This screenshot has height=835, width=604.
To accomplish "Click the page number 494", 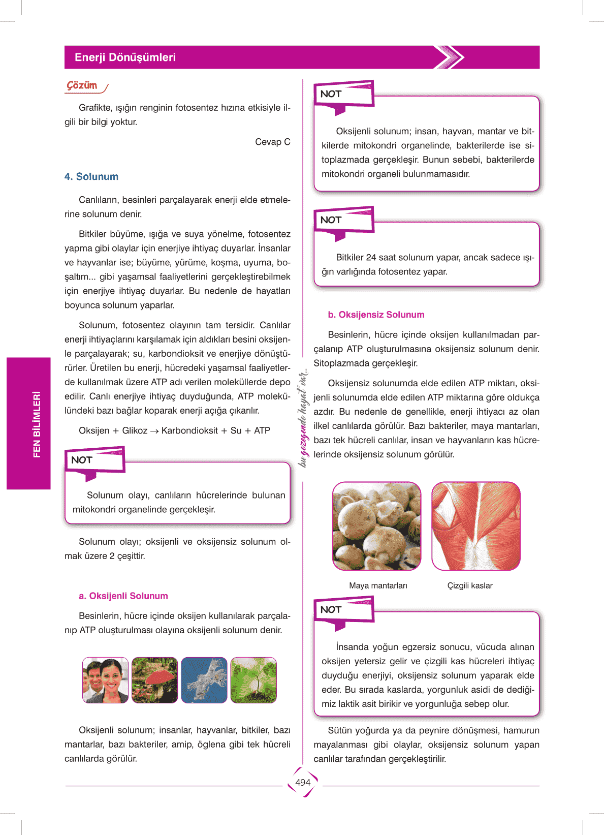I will point(303,783).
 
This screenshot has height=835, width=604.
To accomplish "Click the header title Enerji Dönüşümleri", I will point(125,57).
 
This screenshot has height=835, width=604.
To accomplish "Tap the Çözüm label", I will point(82,85).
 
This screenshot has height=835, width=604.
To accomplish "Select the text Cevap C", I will point(272,142).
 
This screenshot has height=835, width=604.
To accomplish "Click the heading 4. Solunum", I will point(91,177).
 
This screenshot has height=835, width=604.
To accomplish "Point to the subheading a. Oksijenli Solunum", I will point(123,596).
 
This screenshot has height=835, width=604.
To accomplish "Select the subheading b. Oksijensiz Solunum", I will point(376,315).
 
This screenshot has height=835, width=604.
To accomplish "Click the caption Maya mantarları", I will point(378,586).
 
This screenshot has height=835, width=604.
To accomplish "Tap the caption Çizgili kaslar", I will point(470,586).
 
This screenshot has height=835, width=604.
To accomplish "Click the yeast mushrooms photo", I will point(377,526).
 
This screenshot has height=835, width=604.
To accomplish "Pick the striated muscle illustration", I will point(476,526).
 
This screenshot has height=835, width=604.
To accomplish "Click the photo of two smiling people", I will point(106,680).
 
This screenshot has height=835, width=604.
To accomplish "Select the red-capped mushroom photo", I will point(155,680).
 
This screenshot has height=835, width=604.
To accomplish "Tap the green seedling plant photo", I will point(253,680).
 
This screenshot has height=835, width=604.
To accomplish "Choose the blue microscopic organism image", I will point(204,680).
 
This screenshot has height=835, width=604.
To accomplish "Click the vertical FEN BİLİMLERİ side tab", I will point(36,424).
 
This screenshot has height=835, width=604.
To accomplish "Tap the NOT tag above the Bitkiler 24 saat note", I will point(331,220).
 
